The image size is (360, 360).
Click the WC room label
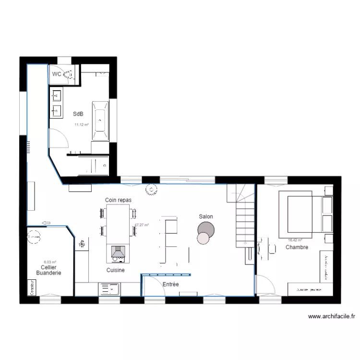click(57, 74)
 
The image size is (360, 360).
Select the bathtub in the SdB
click(100, 117)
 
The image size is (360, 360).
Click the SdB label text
click(78, 114)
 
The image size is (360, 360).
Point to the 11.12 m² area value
click(81, 125)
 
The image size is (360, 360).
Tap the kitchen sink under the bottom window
click(109, 289)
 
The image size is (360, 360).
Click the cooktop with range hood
click(117, 253)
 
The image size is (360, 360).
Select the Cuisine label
click(116, 271)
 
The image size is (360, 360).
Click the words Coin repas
click(118, 200)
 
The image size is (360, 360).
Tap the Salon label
click(206, 217)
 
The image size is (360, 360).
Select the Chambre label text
click(297, 248)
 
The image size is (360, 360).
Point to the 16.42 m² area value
click(295, 240)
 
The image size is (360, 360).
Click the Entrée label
click(170, 285)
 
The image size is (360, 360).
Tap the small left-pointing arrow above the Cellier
click(47, 222)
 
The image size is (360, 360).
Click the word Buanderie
click(48, 273)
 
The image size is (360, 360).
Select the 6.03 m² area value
click(50, 262)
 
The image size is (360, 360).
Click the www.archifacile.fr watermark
click(331, 316)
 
